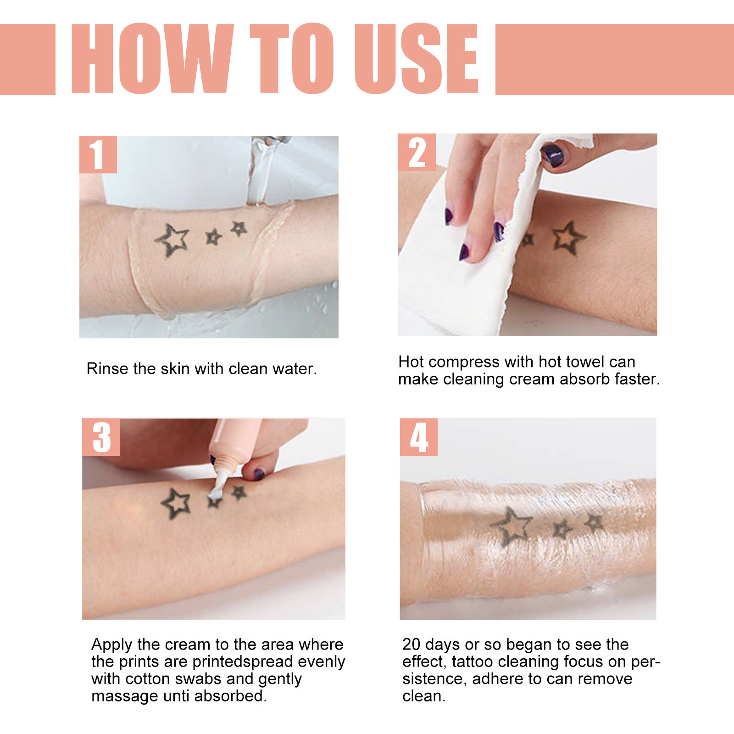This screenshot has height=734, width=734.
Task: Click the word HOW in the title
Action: (x=151, y=59)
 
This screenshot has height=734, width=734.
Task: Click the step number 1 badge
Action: (x=98, y=155)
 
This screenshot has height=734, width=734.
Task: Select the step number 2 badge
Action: (x=417, y=152)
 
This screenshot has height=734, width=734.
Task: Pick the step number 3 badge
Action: (x=101, y=437)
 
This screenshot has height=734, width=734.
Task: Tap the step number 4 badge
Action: (x=418, y=437)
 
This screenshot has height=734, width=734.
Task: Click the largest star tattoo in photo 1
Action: (x=172, y=239)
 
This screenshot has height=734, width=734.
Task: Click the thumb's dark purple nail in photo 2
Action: (x=553, y=155)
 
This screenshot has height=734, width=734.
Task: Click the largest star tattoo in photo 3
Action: (x=176, y=503)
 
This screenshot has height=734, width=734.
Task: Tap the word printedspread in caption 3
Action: (x=243, y=662)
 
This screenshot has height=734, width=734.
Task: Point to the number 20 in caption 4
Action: (x=411, y=645)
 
